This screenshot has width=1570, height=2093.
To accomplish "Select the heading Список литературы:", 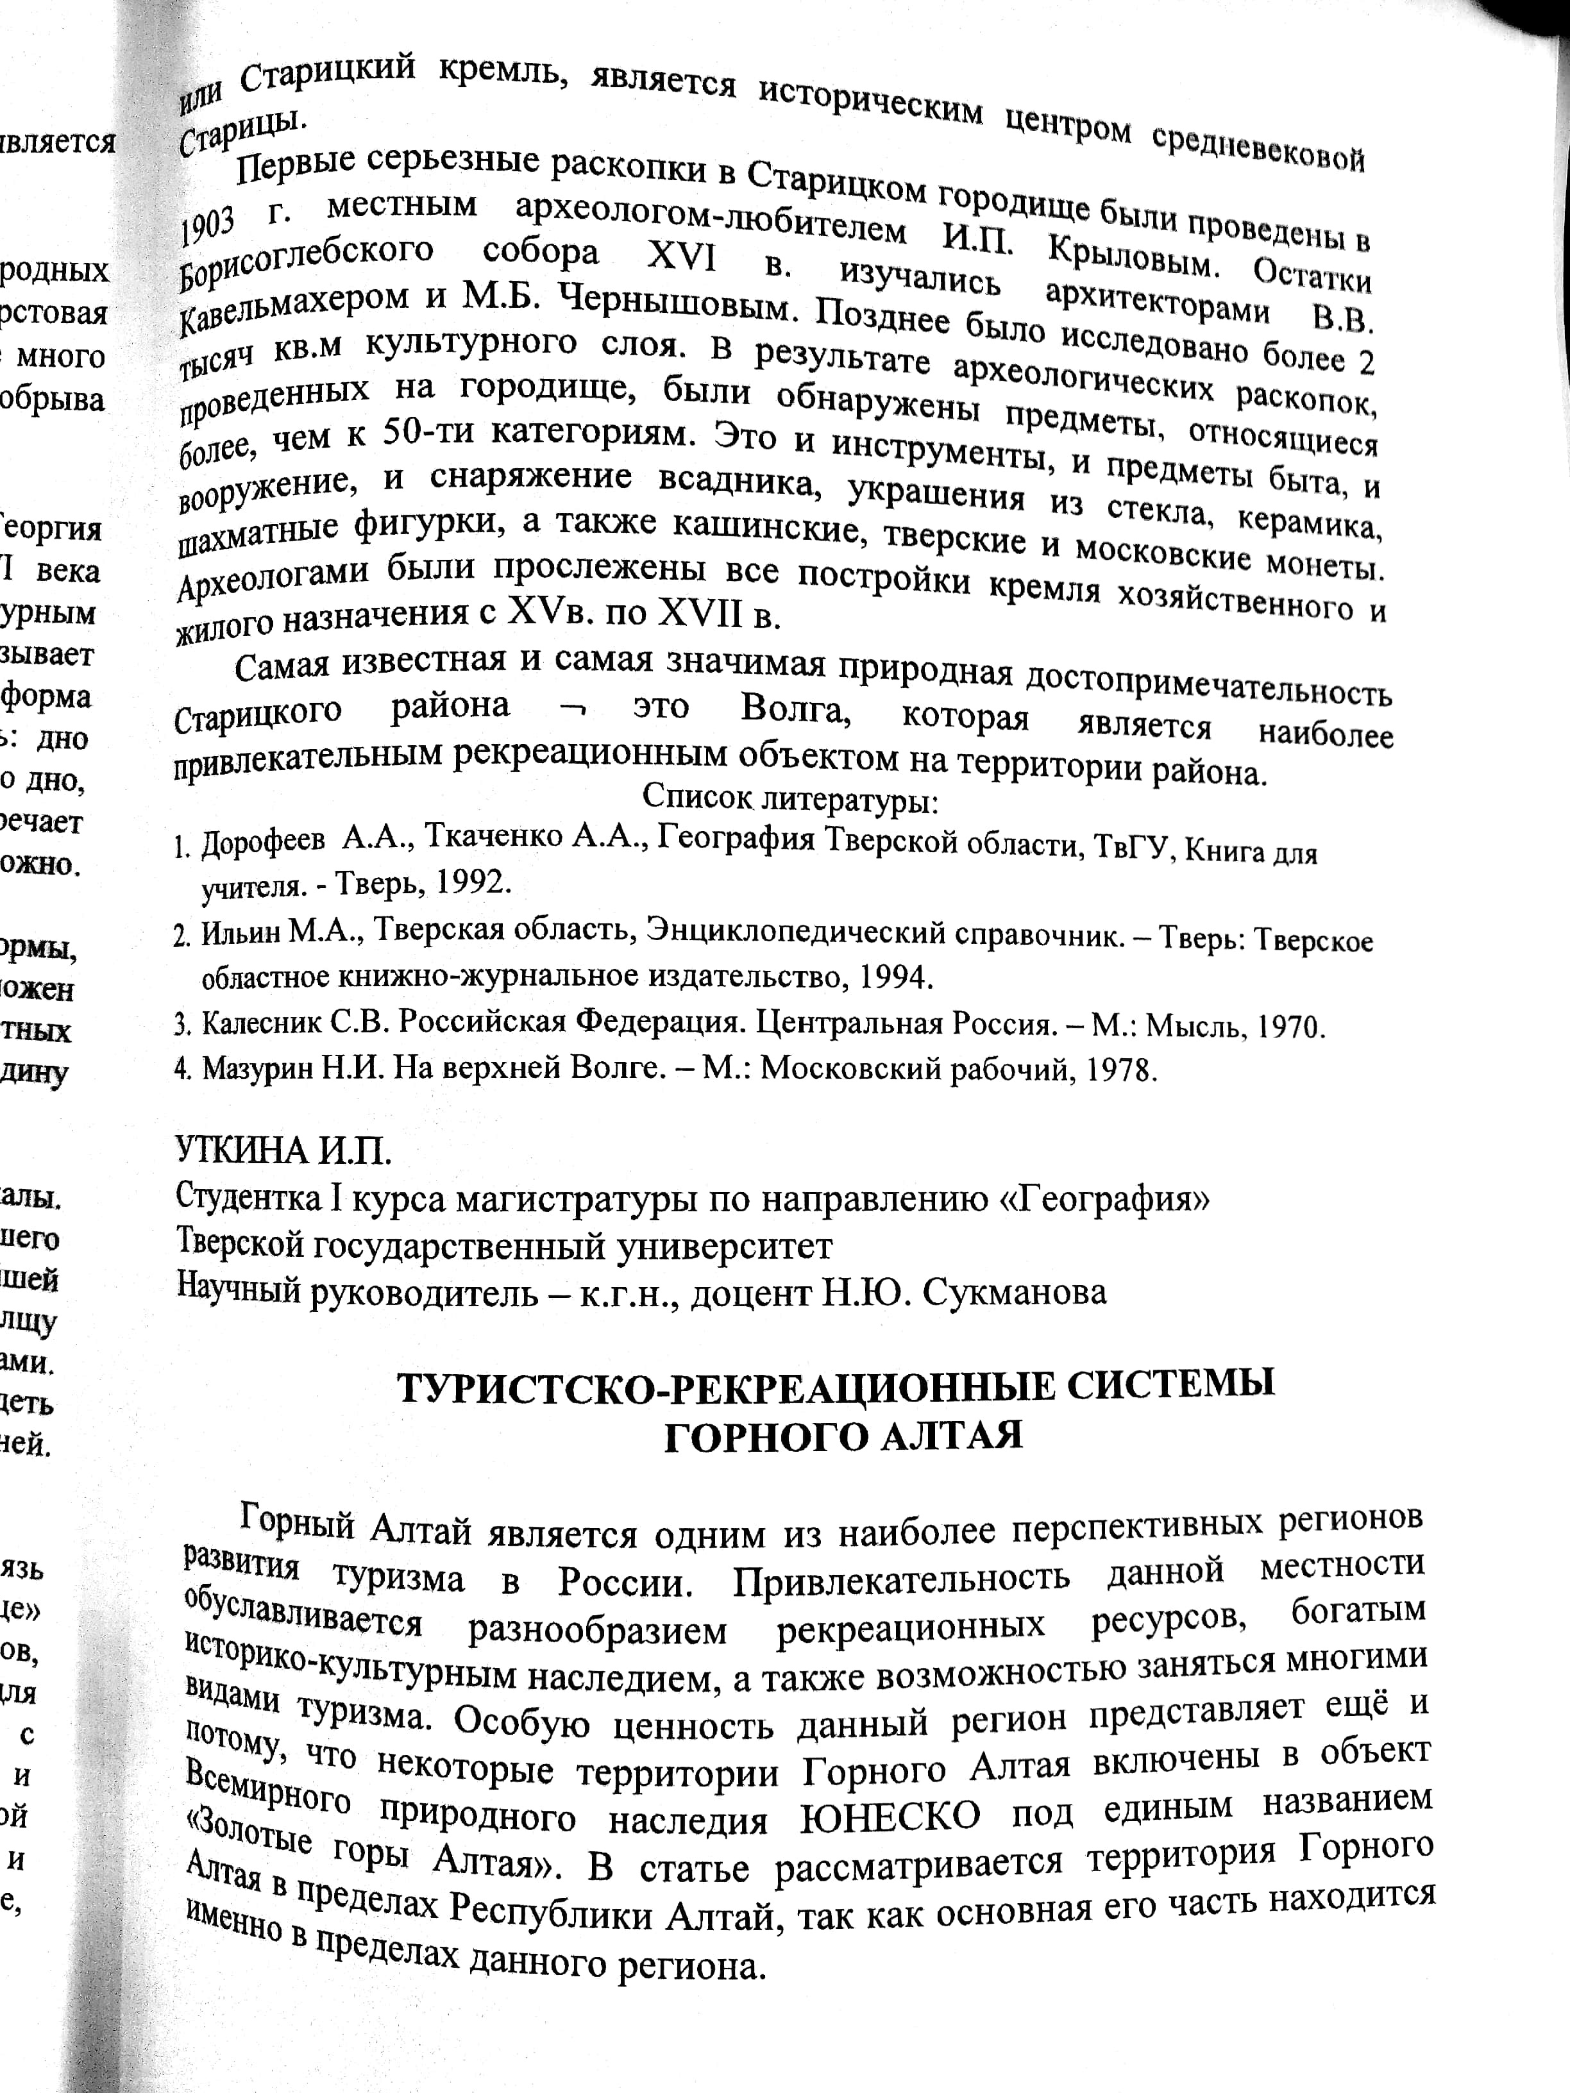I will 790,800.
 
